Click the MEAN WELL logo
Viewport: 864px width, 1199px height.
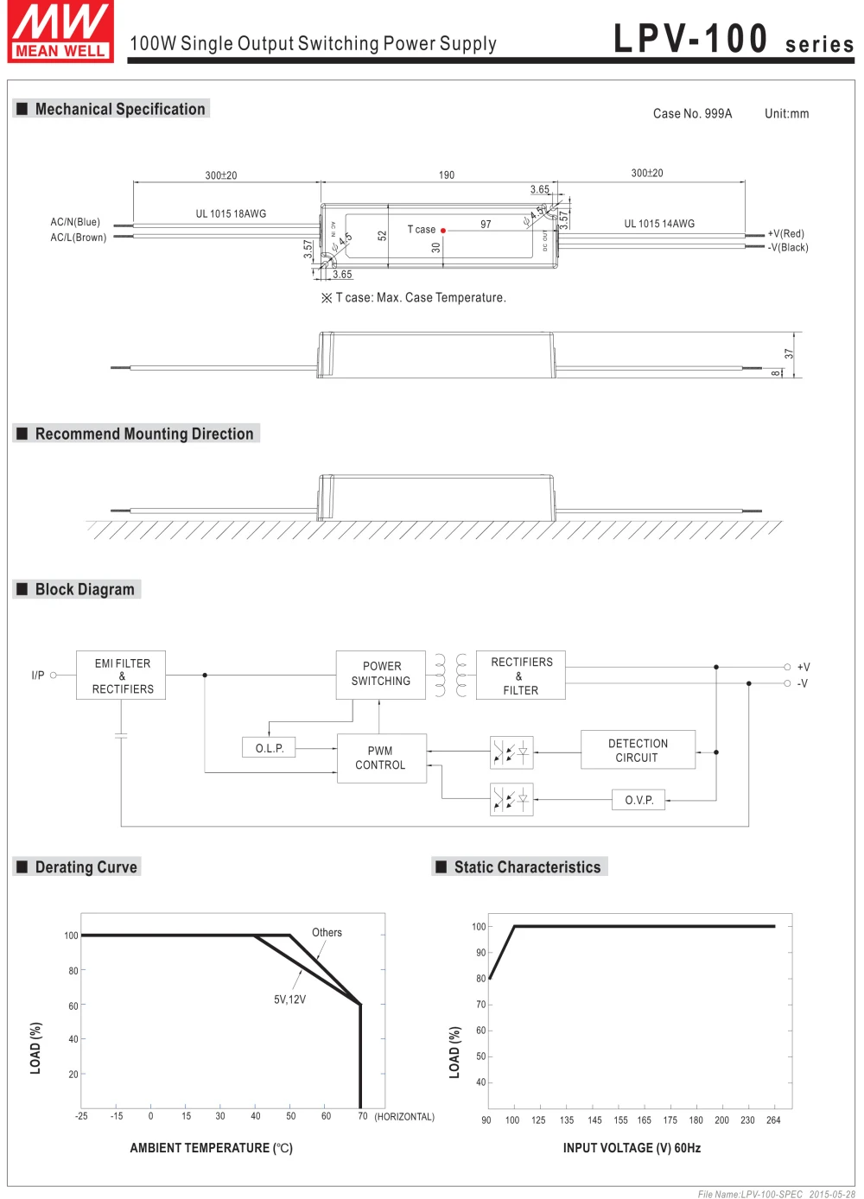pyautogui.click(x=60, y=32)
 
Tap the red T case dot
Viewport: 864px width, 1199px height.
pyautogui.click(x=443, y=231)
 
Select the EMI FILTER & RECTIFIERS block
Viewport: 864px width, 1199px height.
pyautogui.click(x=122, y=676)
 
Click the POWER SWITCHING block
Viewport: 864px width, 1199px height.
pyautogui.click(x=381, y=674)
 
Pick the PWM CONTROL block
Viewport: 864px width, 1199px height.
pyautogui.click(x=381, y=758)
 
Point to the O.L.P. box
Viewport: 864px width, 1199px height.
pyautogui.click(x=270, y=748)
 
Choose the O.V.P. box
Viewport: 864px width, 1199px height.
pyautogui.click(x=639, y=800)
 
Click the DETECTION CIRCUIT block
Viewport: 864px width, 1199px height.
pyautogui.click(x=638, y=750)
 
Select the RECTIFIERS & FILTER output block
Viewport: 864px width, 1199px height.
pyautogui.click(x=521, y=676)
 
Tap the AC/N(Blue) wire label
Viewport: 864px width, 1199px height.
pyautogui.click(x=75, y=222)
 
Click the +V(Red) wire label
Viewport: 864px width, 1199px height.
pyautogui.click(x=786, y=233)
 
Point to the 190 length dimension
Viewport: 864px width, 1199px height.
pyautogui.click(x=447, y=175)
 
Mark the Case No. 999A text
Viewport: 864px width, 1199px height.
pyautogui.click(x=692, y=114)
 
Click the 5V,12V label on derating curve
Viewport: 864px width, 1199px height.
pyautogui.click(x=290, y=999)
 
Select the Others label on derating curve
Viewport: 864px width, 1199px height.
pyautogui.click(x=327, y=933)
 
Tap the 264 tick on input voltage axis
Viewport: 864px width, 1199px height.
pyautogui.click(x=773, y=1120)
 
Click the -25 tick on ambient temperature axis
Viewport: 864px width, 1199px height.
pyautogui.click(x=81, y=1116)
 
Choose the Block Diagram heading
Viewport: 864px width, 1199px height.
pyautogui.click(x=85, y=589)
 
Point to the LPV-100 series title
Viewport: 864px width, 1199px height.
pyautogui.click(x=734, y=40)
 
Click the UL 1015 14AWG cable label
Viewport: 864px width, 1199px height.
pyautogui.click(x=659, y=224)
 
